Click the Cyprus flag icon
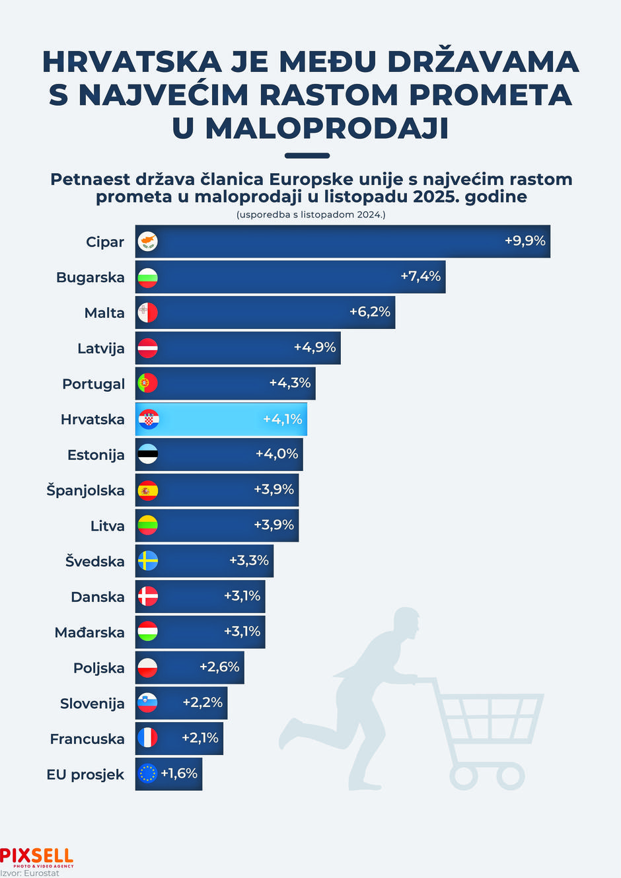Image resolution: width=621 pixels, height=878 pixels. click(x=147, y=241)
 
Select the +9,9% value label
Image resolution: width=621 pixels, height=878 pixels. click(x=525, y=240)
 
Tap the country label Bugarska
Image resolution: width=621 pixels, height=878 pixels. click(x=91, y=277)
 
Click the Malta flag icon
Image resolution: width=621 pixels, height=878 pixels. click(x=147, y=312)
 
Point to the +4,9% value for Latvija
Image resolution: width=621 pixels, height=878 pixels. click(x=315, y=347)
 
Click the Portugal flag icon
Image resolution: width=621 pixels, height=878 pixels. click(x=147, y=383)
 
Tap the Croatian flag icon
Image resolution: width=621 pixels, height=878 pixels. click(x=148, y=419)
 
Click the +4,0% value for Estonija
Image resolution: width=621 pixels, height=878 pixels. click(x=277, y=454)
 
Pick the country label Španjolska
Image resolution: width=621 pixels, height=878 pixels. click(x=85, y=490)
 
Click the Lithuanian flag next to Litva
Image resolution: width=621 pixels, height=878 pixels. click(x=147, y=525)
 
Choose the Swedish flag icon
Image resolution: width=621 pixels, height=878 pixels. click(x=147, y=561)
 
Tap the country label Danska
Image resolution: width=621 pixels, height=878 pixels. click(x=98, y=597)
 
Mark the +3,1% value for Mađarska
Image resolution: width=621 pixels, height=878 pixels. click(x=242, y=631)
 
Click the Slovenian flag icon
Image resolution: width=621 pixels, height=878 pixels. click(x=147, y=703)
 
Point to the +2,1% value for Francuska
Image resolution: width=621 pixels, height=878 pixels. click(x=200, y=737)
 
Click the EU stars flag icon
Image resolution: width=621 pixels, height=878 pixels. click(x=147, y=774)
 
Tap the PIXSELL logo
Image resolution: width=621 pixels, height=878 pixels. click(x=36, y=857)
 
